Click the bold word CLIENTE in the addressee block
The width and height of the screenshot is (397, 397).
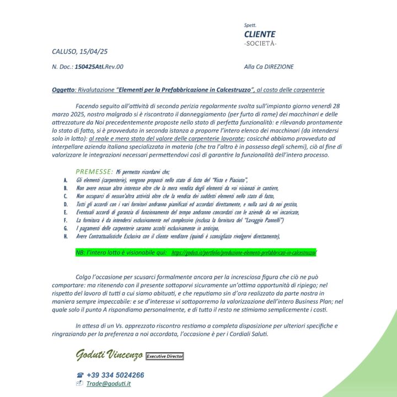coord(260,34)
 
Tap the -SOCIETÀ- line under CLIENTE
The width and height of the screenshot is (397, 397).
coord(260,44)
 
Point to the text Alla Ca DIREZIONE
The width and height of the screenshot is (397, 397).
coord(269,67)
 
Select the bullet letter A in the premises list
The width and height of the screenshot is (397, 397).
coord(66,180)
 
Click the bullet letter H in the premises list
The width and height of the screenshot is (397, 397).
coord(66,236)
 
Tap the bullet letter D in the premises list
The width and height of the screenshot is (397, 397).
coord(66,204)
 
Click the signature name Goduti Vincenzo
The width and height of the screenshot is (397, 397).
coord(109,355)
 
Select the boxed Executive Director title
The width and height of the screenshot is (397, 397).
coord(164,357)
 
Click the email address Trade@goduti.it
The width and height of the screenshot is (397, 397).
coord(109,384)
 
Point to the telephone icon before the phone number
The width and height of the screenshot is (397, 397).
coord(79,375)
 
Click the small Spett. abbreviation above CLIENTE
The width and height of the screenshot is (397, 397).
coord(250,25)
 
